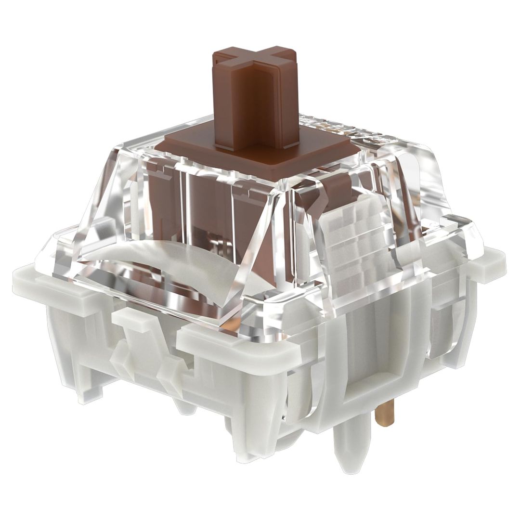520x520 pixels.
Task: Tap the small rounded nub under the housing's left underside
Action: pyautogui.click(x=185, y=407)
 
